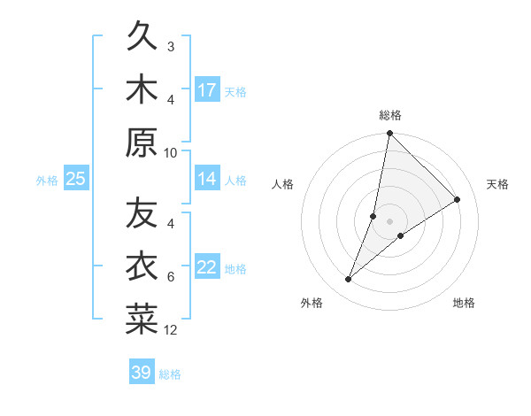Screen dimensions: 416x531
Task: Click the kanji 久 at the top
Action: [x=142, y=38]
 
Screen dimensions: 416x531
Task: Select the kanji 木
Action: [x=142, y=89]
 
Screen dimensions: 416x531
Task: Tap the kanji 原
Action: [x=142, y=142]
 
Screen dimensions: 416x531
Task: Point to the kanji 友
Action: [x=142, y=215]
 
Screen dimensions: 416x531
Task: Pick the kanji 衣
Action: [x=142, y=267]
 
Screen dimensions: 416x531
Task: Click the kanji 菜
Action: [x=142, y=320]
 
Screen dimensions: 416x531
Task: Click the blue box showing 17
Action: [x=207, y=89]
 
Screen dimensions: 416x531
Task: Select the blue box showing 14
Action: [x=207, y=179]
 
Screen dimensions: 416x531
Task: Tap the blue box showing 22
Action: [x=207, y=267]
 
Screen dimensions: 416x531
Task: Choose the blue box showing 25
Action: [x=76, y=179]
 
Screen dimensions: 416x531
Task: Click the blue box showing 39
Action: [x=142, y=373]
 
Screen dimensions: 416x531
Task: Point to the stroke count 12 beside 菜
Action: [x=171, y=330]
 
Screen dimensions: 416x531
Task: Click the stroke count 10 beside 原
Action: [x=171, y=152]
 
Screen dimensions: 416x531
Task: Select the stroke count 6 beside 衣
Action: [x=171, y=277]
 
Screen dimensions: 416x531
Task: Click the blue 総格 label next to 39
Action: [x=171, y=374]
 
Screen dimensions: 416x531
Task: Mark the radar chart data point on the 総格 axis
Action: [x=389, y=134]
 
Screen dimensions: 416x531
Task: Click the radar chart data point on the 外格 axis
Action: [x=349, y=280]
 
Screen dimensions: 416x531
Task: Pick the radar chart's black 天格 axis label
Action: [x=497, y=184]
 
